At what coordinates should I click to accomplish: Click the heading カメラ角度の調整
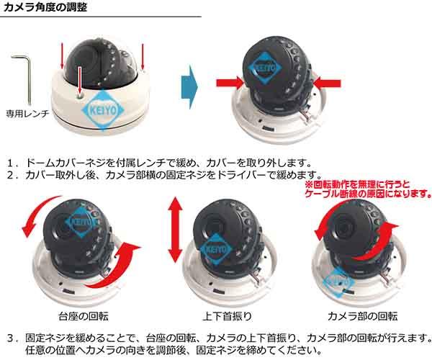(x=48, y=9)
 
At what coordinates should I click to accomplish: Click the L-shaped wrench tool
(x=25, y=76)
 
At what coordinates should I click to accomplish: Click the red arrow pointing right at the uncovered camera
(x=228, y=81)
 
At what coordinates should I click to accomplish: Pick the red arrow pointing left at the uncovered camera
(x=326, y=81)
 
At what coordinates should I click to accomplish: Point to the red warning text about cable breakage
(x=366, y=189)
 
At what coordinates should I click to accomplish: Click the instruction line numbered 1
(x=158, y=162)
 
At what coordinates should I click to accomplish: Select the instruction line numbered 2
(x=162, y=175)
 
